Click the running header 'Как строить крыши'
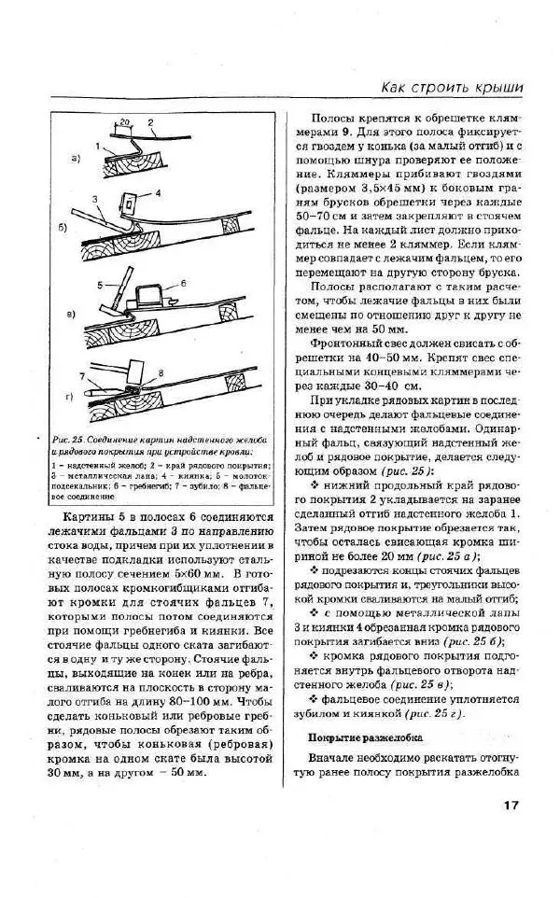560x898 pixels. (x=452, y=88)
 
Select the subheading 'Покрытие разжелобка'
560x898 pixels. (x=367, y=737)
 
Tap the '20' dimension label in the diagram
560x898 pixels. (x=125, y=122)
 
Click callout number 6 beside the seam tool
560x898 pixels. (x=184, y=281)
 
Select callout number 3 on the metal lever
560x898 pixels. (x=95, y=200)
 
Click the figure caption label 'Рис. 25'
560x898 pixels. (x=72, y=439)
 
